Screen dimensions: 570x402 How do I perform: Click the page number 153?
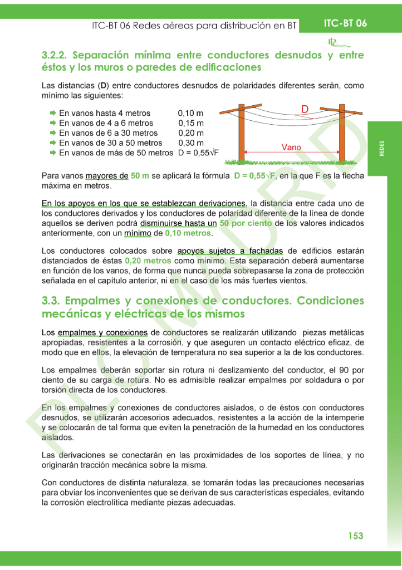point(355,535)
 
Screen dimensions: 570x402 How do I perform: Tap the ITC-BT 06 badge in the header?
point(345,23)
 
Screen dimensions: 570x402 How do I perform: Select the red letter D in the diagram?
point(305,109)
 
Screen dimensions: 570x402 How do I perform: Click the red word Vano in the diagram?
point(291,148)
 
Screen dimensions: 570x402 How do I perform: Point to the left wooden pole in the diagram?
point(241,133)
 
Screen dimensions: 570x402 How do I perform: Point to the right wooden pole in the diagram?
point(341,133)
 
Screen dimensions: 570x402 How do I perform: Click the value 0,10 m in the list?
point(191,113)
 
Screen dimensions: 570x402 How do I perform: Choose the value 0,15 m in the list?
point(191,123)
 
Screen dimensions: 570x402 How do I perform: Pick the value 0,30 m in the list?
point(191,143)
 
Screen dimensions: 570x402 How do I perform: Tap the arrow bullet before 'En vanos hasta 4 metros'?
point(52,113)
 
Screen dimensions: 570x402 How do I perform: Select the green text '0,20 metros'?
point(148,261)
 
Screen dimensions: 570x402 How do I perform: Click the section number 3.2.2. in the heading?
point(55,56)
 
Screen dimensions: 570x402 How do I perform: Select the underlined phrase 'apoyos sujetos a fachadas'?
point(238,250)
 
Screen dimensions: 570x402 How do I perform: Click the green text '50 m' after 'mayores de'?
point(140,176)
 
